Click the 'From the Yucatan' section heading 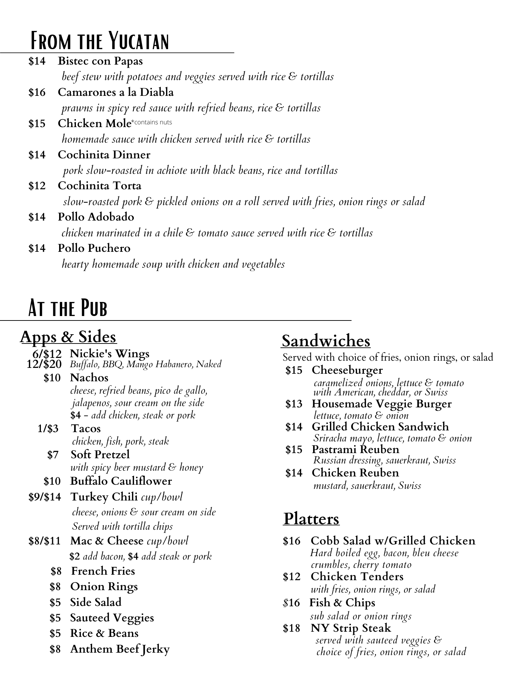[100, 41]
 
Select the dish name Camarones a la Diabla [115, 92]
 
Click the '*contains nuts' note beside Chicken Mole [152, 122]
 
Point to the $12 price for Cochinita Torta [37, 186]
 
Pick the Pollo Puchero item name [94, 248]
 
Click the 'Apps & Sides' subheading [68, 337]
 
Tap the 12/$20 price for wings [44, 364]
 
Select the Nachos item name [89, 378]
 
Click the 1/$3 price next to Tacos [48, 429]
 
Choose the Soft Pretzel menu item [100, 454]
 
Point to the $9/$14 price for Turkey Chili [45, 497]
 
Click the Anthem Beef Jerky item [120, 649]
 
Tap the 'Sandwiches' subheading [326, 341]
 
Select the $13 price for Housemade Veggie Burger [294, 404]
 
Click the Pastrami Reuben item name [355, 449]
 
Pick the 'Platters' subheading [311, 519]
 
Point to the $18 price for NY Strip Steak [291, 628]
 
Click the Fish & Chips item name [342, 602]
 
